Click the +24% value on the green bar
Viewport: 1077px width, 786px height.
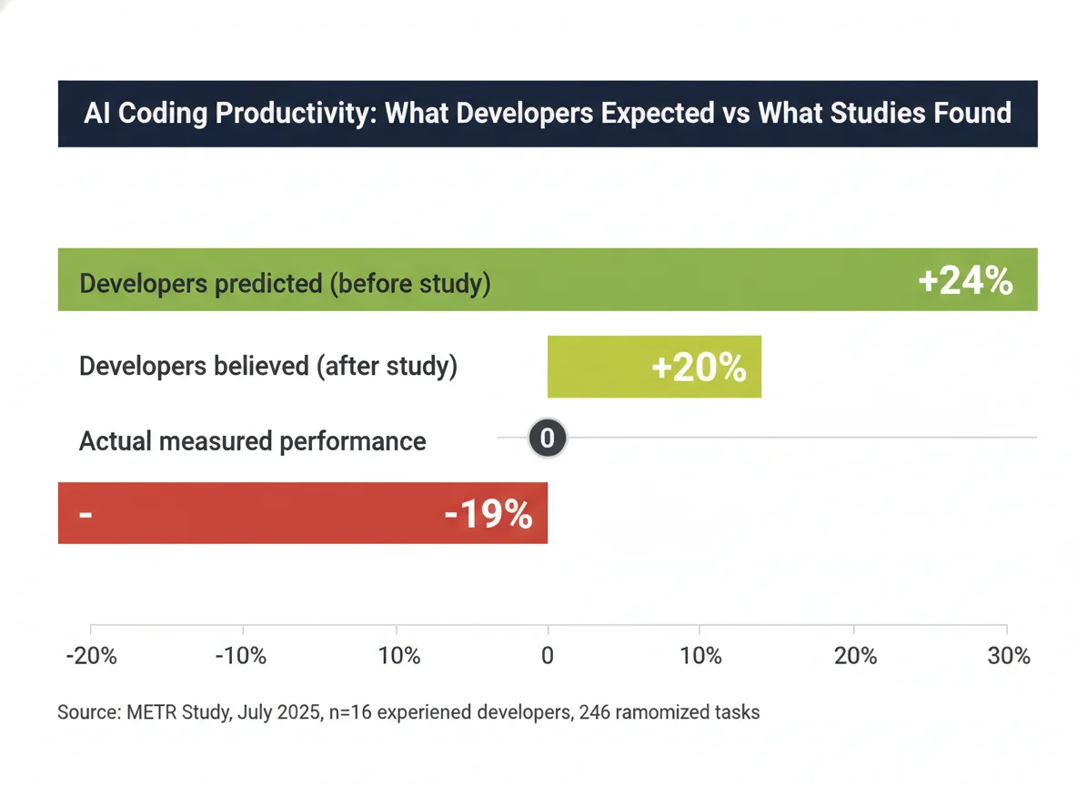pyautogui.click(x=965, y=281)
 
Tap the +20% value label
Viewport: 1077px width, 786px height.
pyautogui.click(x=699, y=368)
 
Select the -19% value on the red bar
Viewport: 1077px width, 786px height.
pyautogui.click(x=488, y=515)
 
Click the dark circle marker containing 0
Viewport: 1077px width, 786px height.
pyautogui.click(x=548, y=438)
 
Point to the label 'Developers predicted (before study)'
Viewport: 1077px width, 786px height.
pyautogui.click(x=285, y=283)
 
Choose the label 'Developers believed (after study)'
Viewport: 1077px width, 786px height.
pyautogui.click(x=267, y=367)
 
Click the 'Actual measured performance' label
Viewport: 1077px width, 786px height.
pyautogui.click(x=252, y=441)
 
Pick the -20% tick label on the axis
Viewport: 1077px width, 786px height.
pyautogui.click(x=92, y=656)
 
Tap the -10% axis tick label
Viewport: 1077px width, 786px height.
pyautogui.click(x=243, y=656)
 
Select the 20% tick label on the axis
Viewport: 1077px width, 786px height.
pyautogui.click(x=855, y=656)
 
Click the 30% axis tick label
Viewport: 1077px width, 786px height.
pyautogui.click(x=1008, y=656)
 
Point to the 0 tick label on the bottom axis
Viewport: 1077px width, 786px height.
pyautogui.click(x=548, y=656)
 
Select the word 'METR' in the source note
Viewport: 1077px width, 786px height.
pyautogui.click(x=150, y=711)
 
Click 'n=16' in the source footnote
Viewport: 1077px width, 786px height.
pyautogui.click(x=347, y=711)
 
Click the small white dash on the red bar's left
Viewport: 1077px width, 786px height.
pyautogui.click(x=86, y=515)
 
